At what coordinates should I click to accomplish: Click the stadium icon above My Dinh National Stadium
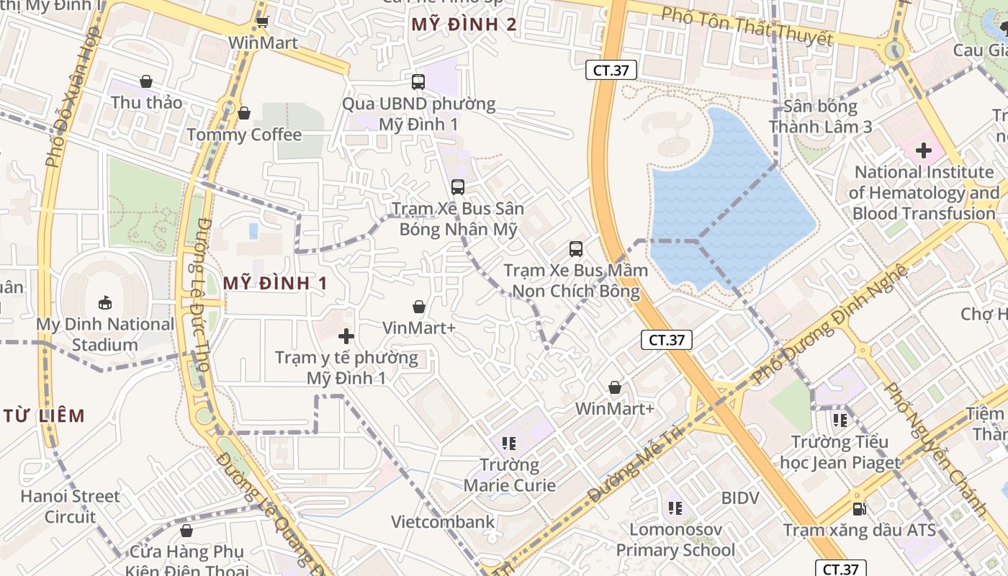click(x=105, y=302)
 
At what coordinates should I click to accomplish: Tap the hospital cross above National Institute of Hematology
click(x=923, y=150)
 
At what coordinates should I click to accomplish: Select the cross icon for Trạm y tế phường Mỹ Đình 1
click(x=346, y=336)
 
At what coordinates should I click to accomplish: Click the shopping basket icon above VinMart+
click(x=418, y=307)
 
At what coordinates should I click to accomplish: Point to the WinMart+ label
click(x=614, y=409)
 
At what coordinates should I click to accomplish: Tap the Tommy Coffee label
click(x=244, y=135)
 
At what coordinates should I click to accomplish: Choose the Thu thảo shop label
click(x=146, y=102)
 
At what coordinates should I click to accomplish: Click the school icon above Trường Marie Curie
click(x=509, y=444)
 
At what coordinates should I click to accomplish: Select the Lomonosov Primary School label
click(x=675, y=540)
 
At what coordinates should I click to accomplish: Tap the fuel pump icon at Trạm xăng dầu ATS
click(x=859, y=509)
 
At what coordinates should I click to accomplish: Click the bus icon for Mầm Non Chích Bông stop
click(x=575, y=249)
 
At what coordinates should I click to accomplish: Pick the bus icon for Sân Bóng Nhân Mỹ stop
click(x=457, y=187)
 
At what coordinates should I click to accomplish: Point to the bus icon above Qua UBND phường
click(x=418, y=82)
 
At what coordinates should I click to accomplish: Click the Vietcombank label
click(x=443, y=522)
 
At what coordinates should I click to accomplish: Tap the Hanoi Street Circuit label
click(x=70, y=506)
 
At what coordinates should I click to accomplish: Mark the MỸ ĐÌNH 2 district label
click(x=464, y=24)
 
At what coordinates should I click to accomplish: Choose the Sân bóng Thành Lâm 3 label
click(x=820, y=117)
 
